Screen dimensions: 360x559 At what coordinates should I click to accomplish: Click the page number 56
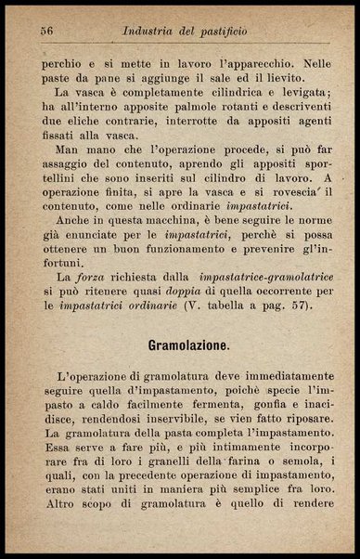[x=47, y=31]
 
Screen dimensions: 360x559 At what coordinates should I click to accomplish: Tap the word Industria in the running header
[x=154, y=31]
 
